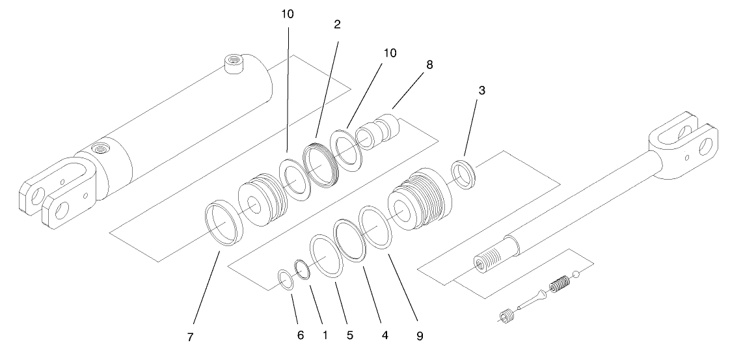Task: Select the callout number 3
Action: pyautogui.click(x=481, y=90)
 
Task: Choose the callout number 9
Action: pyautogui.click(x=420, y=337)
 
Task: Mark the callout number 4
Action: pyautogui.click(x=385, y=336)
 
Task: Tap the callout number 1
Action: pyautogui.click(x=325, y=336)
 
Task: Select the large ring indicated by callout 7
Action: pyautogui.click(x=224, y=224)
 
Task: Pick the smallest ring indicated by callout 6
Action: pyautogui.click(x=285, y=278)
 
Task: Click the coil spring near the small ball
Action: pyautogui.click(x=559, y=284)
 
